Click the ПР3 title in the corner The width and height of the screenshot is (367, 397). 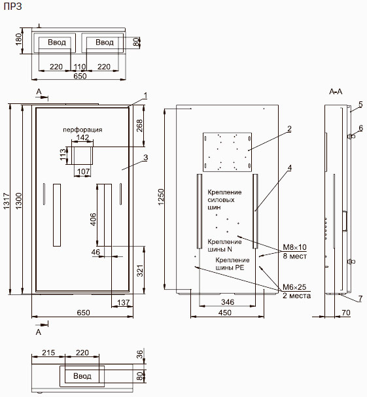(13, 7)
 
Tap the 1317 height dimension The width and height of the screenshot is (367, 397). (7, 201)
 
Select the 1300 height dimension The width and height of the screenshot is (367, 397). (19, 201)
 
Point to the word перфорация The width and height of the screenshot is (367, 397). (82, 130)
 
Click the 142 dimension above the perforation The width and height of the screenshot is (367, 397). (83, 137)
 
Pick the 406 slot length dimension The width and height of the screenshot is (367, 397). (93, 219)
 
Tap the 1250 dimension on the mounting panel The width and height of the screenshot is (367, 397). (161, 197)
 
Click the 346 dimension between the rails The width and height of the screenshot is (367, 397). (228, 302)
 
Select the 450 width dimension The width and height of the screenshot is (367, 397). (225, 313)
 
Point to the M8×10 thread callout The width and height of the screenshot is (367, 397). (294, 247)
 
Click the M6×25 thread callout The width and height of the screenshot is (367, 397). (294, 287)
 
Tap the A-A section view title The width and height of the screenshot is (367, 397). (336, 92)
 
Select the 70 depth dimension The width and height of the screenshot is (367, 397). (346, 313)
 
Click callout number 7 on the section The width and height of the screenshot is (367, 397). (360, 299)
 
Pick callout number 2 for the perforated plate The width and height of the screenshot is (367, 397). (289, 129)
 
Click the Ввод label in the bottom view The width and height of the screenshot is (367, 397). (82, 375)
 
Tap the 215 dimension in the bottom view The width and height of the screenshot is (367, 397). (48, 353)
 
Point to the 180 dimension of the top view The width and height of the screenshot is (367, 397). (19, 39)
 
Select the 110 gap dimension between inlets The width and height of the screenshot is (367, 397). (79, 67)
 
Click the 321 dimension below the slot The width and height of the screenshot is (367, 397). (140, 270)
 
